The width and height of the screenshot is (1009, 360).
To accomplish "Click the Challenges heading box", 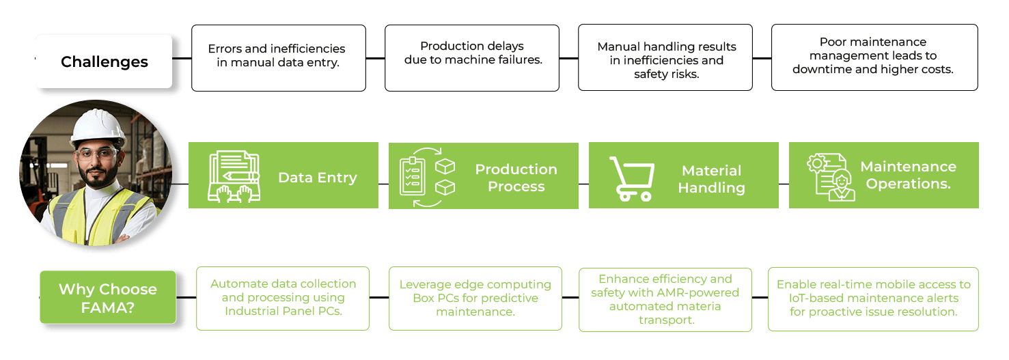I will click(x=104, y=62).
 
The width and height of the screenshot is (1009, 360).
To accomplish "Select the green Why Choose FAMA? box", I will click(x=108, y=298).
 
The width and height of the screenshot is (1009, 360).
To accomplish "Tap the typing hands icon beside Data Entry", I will click(x=234, y=176).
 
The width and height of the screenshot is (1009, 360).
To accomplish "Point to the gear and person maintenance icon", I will click(x=831, y=177).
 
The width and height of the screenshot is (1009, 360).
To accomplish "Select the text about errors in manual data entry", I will click(x=277, y=56).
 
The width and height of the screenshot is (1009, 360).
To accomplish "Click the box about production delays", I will click(x=471, y=58).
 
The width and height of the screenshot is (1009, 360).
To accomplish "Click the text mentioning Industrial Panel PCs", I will click(x=283, y=298).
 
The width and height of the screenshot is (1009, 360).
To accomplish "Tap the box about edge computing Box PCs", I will click(x=475, y=298).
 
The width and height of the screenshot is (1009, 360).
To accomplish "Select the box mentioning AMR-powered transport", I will click(x=665, y=299).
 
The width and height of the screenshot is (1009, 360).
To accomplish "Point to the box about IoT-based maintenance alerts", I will click(x=873, y=299).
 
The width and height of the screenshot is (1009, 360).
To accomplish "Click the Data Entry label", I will click(x=317, y=178).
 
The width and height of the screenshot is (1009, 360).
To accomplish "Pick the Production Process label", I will click(x=516, y=178).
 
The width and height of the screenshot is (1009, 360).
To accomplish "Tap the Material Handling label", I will click(x=711, y=179).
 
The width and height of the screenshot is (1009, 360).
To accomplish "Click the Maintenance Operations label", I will click(x=907, y=176).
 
